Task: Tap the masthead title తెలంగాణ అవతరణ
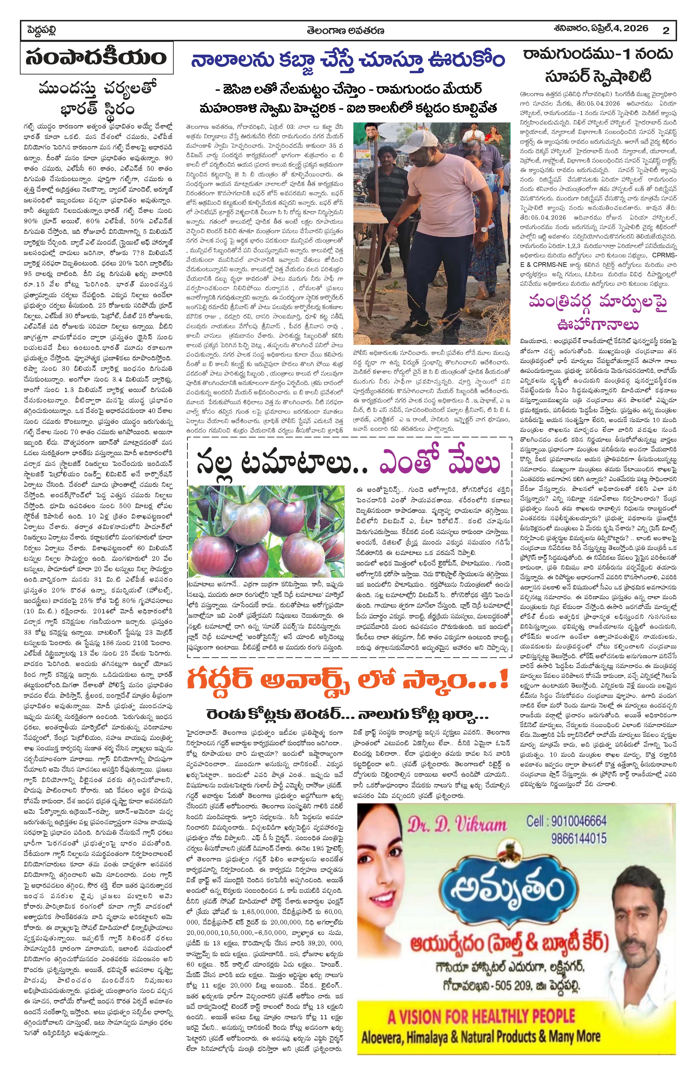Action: [x=345, y=30]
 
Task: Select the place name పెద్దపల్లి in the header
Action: [x=41, y=30]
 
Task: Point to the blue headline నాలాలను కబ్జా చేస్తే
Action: [x=348, y=60]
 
